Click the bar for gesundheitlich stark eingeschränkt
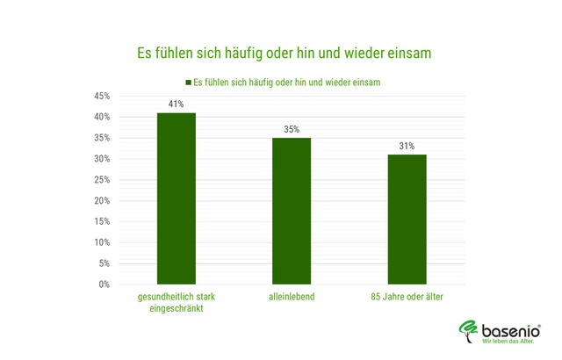click(176, 198)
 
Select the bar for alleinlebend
click(291, 211)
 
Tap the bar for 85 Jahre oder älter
click(407, 220)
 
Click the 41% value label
click(176, 104)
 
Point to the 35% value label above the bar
click(291, 129)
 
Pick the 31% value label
click(407, 146)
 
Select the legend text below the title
click(292, 81)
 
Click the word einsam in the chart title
click(406, 53)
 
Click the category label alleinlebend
click(291, 298)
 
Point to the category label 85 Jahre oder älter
click(407, 298)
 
